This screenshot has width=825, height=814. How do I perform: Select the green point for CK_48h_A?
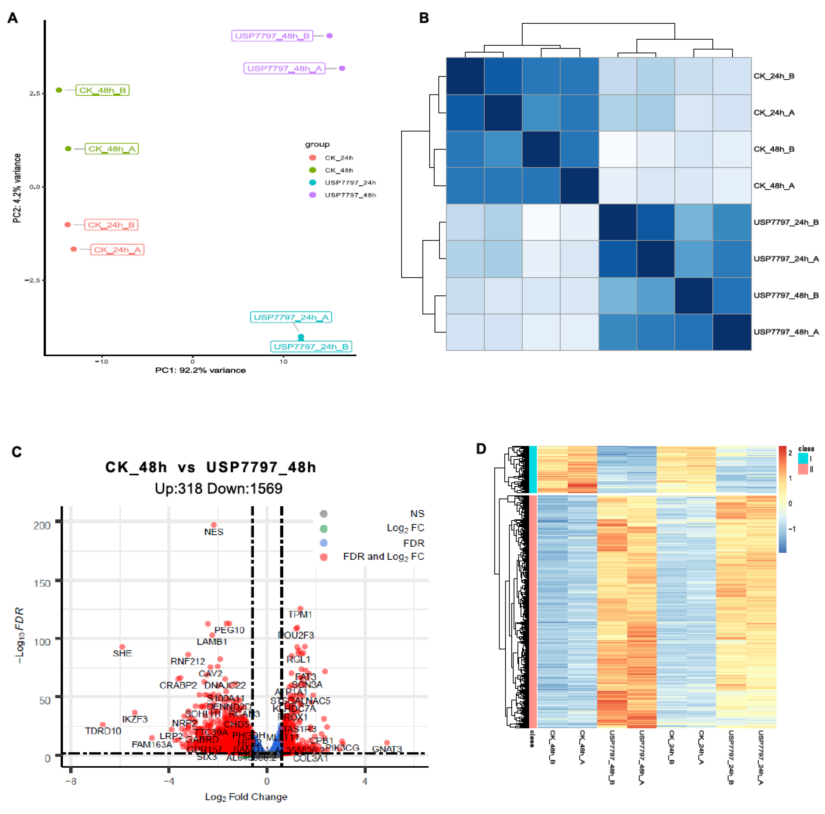[68, 149]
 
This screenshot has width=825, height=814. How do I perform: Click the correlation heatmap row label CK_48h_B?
[773, 149]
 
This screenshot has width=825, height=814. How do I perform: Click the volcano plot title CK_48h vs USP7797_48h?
[210, 467]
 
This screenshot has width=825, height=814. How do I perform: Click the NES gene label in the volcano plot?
[214, 532]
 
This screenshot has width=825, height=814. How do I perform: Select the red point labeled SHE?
[122, 647]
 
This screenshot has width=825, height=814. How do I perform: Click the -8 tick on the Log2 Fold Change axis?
[71, 781]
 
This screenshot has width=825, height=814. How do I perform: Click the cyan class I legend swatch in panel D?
[803, 458]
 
